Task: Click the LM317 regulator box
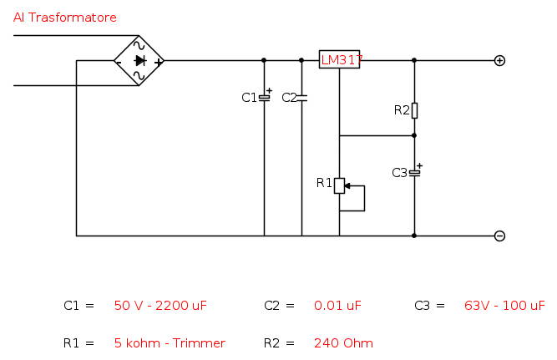point(340,60)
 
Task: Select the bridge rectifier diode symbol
point(139,60)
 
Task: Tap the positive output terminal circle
point(499,60)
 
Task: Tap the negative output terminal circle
point(499,236)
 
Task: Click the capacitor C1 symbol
point(264,98)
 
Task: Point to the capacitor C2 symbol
point(301,98)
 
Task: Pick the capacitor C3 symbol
point(414,172)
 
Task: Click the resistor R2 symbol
point(414,110)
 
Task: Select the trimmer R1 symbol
point(340,185)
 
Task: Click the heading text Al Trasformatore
point(65,18)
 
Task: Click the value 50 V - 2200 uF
point(160,306)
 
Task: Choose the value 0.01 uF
point(337,306)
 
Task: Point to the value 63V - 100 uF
point(504,306)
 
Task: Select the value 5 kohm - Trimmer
point(170,342)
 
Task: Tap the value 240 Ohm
point(343,342)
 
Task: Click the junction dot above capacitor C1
point(264,60)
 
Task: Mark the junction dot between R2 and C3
point(414,135)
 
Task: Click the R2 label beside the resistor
point(402,110)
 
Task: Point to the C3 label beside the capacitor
point(399,173)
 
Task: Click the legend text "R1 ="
point(79,342)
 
